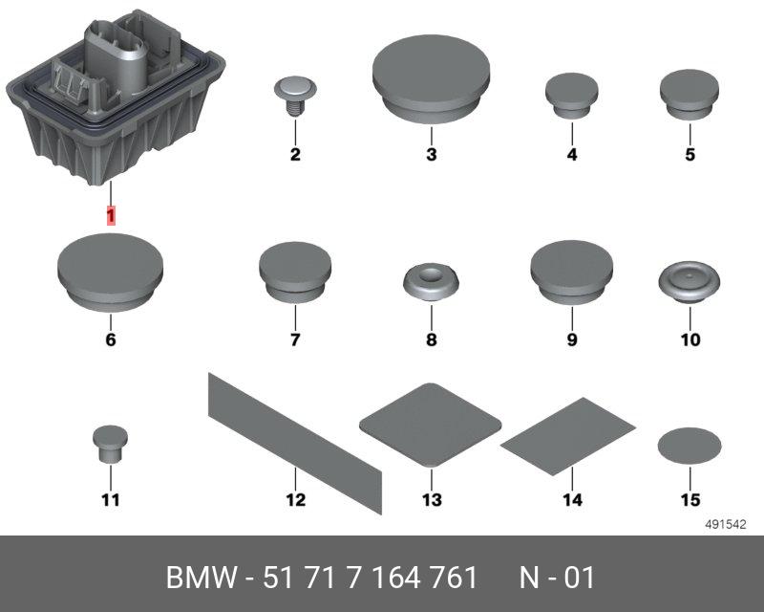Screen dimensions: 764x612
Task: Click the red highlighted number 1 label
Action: pyautogui.click(x=111, y=215)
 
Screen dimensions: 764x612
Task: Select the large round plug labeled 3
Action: pyautogui.click(x=432, y=79)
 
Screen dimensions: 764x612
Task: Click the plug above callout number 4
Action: pyautogui.click(x=571, y=96)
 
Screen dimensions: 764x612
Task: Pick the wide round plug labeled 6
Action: pyautogui.click(x=111, y=273)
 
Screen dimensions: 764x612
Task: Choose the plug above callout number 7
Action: pyautogui.click(x=295, y=273)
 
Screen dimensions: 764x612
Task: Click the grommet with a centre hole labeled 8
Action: pyautogui.click(x=432, y=282)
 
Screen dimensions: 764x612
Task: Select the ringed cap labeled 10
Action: pyautogui.click(x=690, y=282)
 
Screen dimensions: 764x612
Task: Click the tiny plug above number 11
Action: pyautogui.click(x=111, y=443)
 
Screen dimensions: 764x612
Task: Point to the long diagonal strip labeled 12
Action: pyautogui.click(x=295, y=443)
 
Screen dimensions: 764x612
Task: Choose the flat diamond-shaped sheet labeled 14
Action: pyautogui.click(x=568, y=436)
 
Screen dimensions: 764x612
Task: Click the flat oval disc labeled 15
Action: pyautogui.click(x=690, y=446)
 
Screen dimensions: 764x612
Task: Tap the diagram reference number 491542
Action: pyautogui.click(x=726, y=525)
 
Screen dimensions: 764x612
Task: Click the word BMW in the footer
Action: pyautogui.click(x=202, y=578)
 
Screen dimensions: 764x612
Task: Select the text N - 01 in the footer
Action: pyautogui.click(x=557, y=578)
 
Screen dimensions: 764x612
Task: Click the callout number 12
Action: pyautogui.click(x=296, y=500)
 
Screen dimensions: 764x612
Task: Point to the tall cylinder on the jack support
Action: pyautogui.click(x=116, y=58)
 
